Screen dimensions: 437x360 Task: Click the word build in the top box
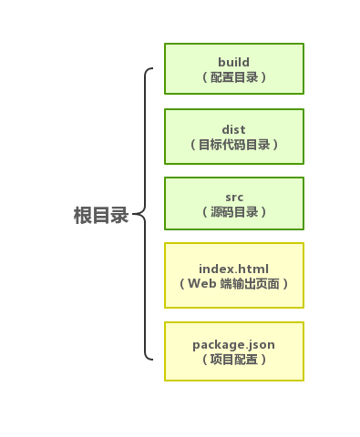233,62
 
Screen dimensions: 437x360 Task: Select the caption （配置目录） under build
233,77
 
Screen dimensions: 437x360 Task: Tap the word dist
233,129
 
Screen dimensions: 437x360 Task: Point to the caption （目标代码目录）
233,145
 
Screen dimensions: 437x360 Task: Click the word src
233,197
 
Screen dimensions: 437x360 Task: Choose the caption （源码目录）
233,212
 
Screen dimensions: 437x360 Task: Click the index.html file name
233,269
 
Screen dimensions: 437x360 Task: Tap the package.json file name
233,344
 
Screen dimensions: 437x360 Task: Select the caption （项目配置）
233,360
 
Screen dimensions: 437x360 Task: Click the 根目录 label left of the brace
101,216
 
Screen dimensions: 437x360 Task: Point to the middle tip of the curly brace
135,216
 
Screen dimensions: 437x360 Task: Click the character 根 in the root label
83,216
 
